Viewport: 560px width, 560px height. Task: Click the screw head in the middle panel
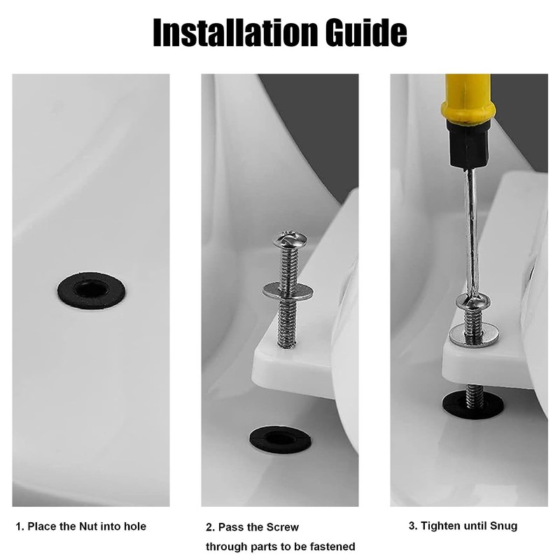click(x=290, y=239)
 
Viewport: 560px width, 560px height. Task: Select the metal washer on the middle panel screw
click(x=288, y=291)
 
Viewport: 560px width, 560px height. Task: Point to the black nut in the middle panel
click(x=281, y=440)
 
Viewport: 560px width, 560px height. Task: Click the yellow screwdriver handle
click(x=468, y=97)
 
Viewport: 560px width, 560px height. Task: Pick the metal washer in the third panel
click(x=474, y=335)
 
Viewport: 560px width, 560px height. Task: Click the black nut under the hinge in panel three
click(x=473, y=405)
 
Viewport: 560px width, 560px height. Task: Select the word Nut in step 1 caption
click(x=88, y=526)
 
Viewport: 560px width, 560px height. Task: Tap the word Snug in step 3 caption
click(x=503, y=526)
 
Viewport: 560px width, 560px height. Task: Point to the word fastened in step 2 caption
click(x=332, y=547)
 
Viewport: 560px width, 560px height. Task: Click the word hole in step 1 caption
click(x=135, y=526)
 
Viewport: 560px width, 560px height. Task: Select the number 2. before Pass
click(x=211, y=528)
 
